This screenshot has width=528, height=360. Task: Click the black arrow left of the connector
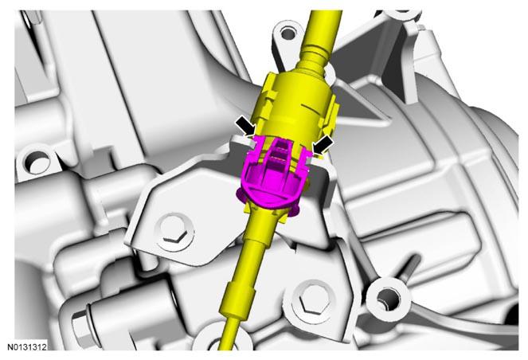pyautogui.click(x=245, y=127)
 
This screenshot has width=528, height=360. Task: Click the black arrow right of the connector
pyautogui.click(x=323, y=144)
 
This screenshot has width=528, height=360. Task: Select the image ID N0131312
pyautogui.click(x=27, y=346)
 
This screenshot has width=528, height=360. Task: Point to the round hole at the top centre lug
pyautogui.click(x=287, y=33)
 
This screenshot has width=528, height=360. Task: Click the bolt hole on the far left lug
pyautogui.click(x=36, y=162)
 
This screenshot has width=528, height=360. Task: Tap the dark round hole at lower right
pyautogui.click(x=389, y=299)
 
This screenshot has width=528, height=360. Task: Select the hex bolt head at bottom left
pyautogui.click(x=80, y=323)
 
